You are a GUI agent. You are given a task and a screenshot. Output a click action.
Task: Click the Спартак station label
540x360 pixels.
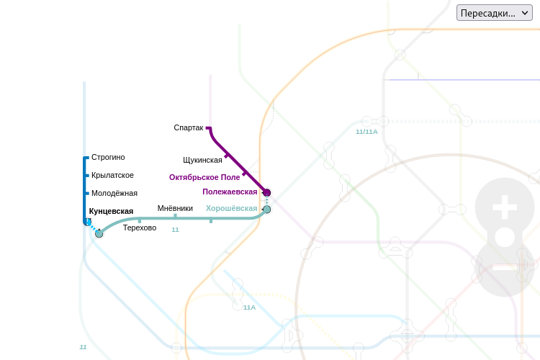[x=189, y=127]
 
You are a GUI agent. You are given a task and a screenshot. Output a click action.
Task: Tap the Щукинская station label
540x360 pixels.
[x=202, y=160]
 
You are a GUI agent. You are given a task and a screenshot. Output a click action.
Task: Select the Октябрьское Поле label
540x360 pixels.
[x=204, y=177]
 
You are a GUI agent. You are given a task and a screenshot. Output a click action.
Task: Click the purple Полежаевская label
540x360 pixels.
[x=230, y=192]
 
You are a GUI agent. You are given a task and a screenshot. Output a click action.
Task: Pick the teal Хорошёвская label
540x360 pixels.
[x=231, y=209]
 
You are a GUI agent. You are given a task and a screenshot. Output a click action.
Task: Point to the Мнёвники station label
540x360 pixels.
[x=175, y=209]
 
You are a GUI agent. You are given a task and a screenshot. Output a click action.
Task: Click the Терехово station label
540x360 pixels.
[x=140, y=228]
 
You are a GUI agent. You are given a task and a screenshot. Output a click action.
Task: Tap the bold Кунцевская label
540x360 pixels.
[x=111, y=211]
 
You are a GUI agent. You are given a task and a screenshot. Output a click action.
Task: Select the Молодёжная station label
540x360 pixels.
[x=114, y=193]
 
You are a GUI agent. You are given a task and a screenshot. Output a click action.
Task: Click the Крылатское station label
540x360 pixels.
[x=112, y=175]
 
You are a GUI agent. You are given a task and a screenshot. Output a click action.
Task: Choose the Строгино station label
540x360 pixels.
[x=108, y=157]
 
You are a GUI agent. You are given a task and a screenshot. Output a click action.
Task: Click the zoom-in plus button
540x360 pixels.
[x=505, y=210]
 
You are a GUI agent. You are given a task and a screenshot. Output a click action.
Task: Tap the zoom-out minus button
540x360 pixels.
[x=505, y=267]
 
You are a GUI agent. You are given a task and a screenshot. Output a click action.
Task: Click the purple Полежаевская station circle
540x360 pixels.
[x=266, y=192]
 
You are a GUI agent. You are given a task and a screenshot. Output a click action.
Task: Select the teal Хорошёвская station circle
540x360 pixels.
[x=266, y=210]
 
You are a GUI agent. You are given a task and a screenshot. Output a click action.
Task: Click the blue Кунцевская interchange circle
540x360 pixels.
[x=88, y=222]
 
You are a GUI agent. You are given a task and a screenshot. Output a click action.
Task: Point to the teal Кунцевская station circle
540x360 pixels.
[x=99, y=233]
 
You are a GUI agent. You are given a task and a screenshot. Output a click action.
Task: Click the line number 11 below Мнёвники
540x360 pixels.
[x=175, y=230]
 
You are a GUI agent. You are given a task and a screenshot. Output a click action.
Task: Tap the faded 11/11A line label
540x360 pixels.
[x=366, y=132]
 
